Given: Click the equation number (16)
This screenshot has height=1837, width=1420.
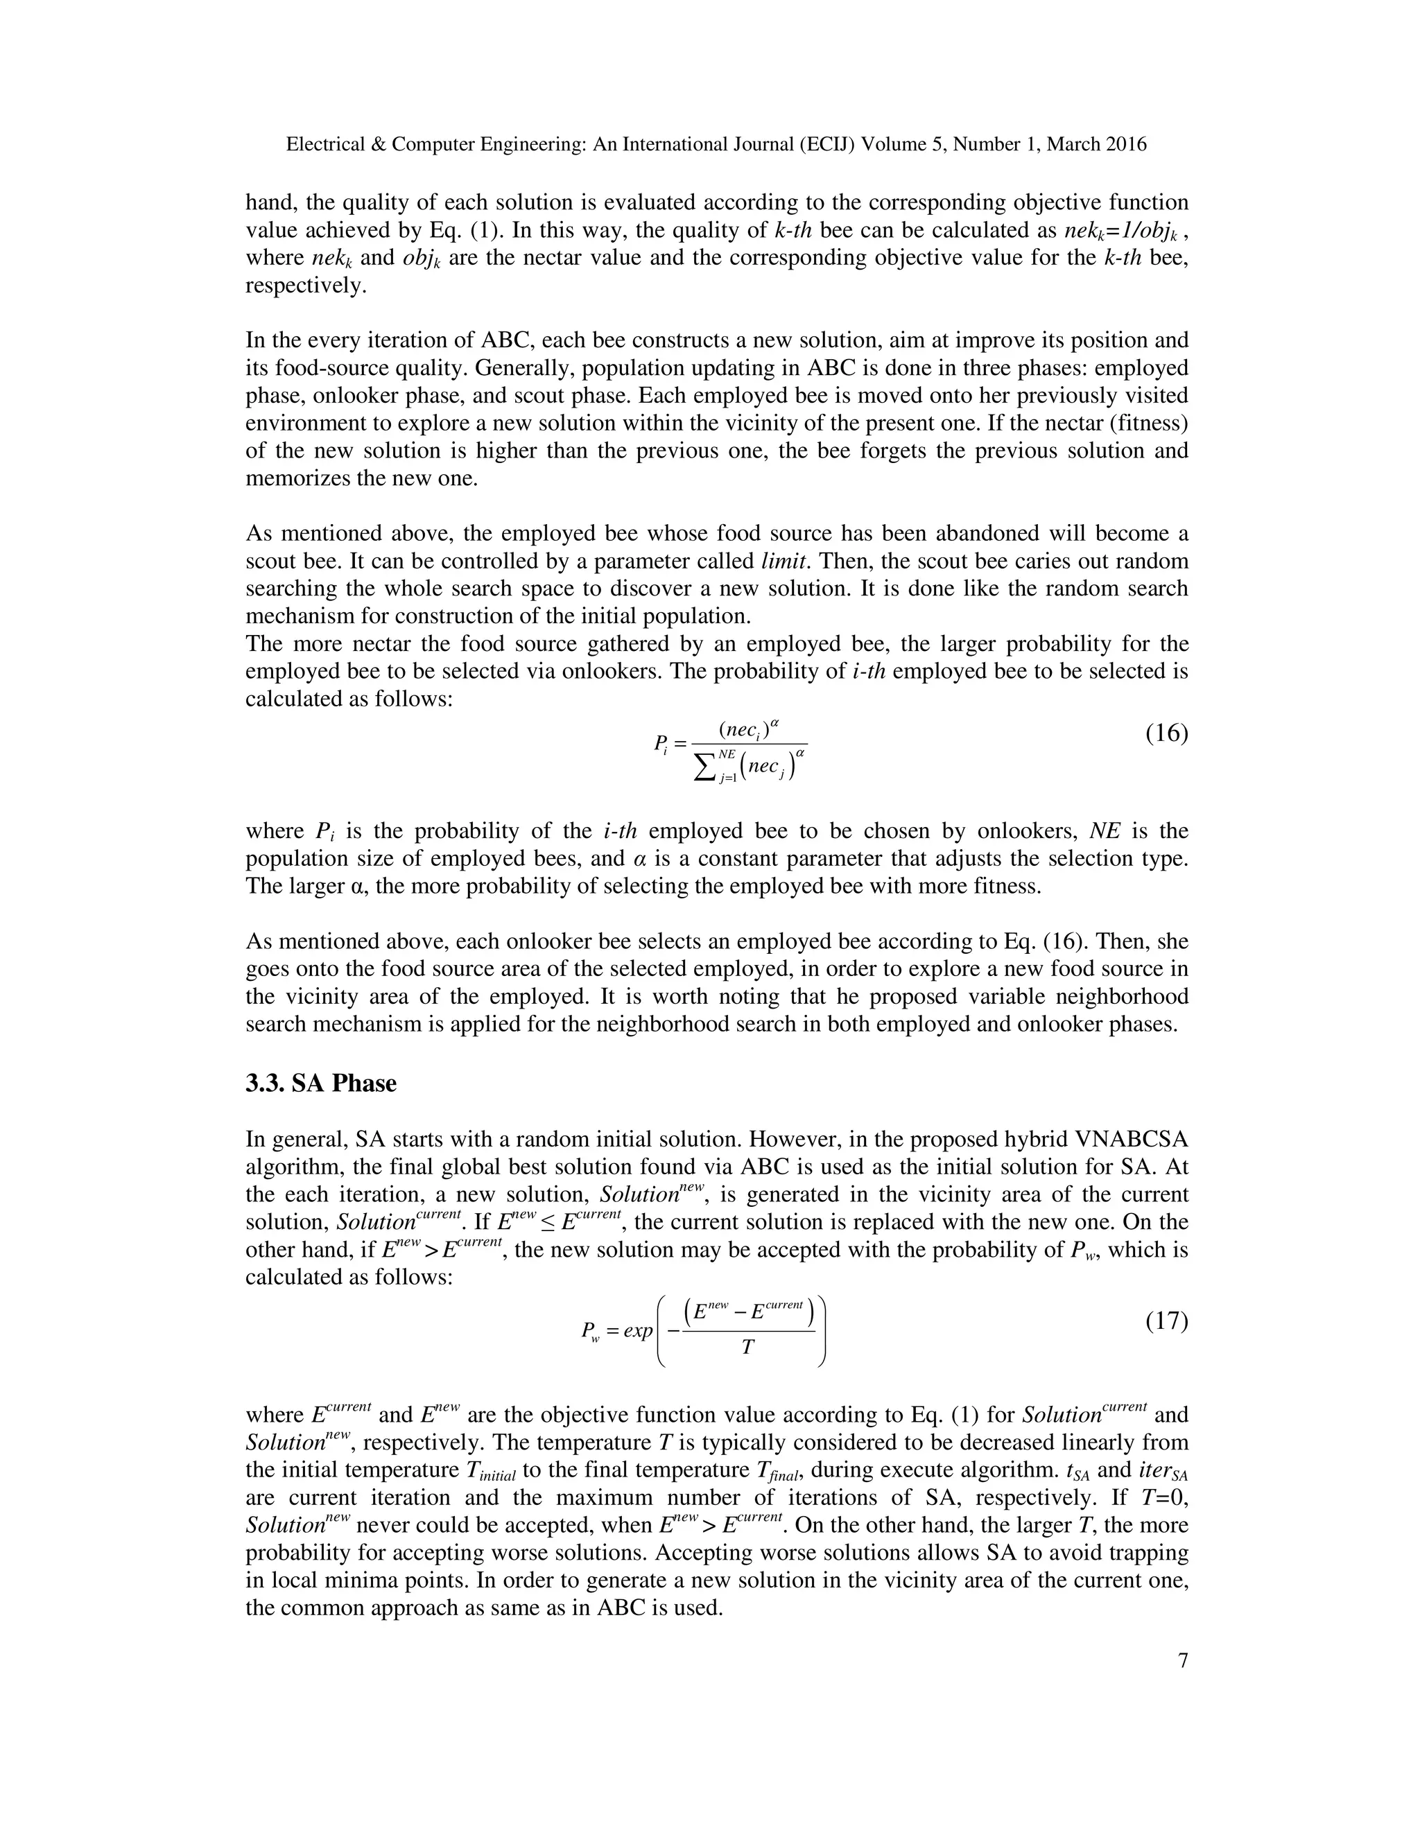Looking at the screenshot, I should click(x=1166, y=734).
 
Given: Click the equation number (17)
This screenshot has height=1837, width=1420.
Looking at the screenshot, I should click(x=1166, y=1321).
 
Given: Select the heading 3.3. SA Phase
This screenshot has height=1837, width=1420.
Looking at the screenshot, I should click(x=320, y=1083).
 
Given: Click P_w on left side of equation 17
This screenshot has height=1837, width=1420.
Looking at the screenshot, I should click(x=590, y=1332).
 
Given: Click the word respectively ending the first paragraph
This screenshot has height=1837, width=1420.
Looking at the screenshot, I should click(x=304, y=286).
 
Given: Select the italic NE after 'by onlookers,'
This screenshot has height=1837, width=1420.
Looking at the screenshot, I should click(x=1105, y=832).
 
